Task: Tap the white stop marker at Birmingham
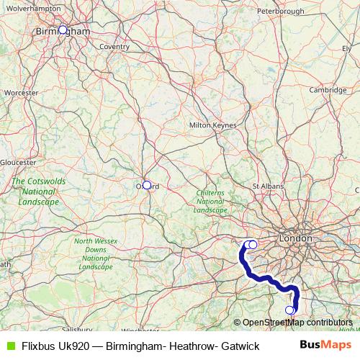tap(63, 30)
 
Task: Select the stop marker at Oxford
tap(147, 185)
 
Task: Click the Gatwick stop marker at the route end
tap(290, 310)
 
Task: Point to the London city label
tap(296, 238)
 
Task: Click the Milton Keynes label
tap(212, 125)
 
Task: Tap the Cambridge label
tap(328, 90)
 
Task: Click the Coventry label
tap(114, 47)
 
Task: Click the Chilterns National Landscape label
tap(212, 202)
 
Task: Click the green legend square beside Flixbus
tap(9, 346)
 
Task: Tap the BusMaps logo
tap(328, 346)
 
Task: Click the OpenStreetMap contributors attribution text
tap(297, 323)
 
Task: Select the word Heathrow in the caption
tap(186, 346)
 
